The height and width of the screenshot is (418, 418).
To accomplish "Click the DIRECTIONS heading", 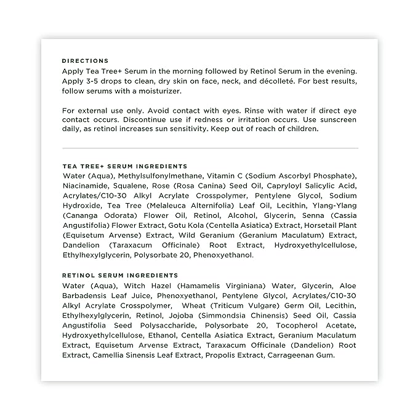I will (85, 61).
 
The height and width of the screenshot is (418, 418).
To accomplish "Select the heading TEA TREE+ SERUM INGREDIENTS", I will (124, 166).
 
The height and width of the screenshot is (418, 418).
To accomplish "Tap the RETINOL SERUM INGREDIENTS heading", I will (120, 275).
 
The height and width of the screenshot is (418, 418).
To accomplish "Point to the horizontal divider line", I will (209, 148).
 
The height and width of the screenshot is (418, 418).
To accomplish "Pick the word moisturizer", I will (157, 90).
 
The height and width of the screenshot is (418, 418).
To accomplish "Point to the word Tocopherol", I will (293, 325).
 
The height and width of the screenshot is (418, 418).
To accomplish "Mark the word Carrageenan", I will (288, 355).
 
